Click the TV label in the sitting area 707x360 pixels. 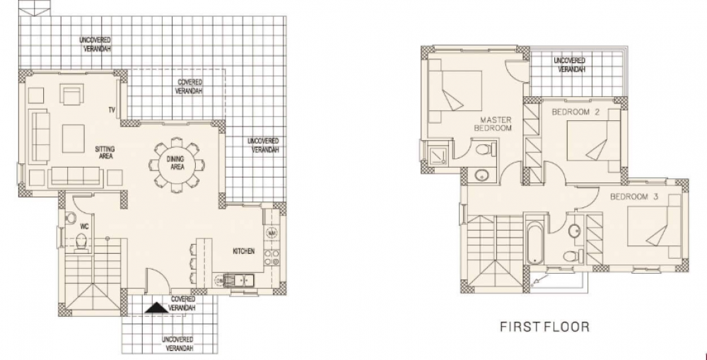[x=112, y=110]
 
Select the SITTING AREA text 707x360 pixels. [x=105, y=153]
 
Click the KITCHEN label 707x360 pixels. [x=243, y=251]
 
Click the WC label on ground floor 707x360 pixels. [x=84, y=226]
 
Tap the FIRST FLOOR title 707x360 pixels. [x=544, y=327]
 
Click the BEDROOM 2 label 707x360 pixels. [x=575, y=112]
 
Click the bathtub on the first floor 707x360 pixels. [x=535, y=240]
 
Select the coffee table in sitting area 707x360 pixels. [x=73, y=139]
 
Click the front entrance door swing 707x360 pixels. [x=158, y=279]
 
